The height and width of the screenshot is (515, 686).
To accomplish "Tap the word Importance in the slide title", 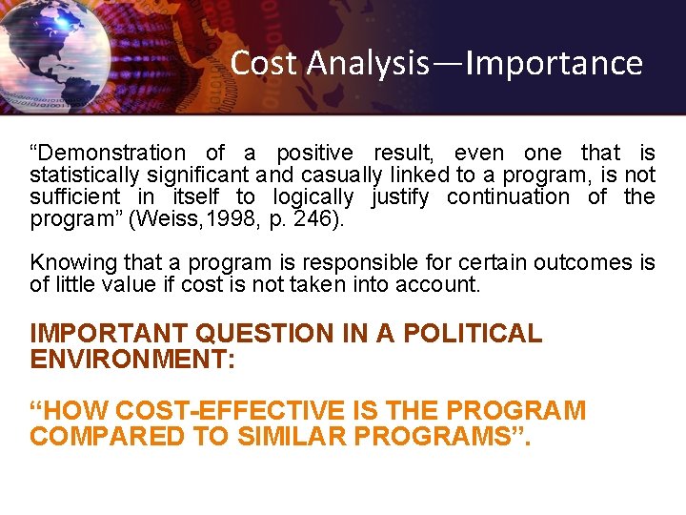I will click(x=554, y=63).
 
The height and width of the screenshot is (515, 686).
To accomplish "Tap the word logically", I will click(x=313, y=196).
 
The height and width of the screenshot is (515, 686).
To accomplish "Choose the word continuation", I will click(x=511, y=196).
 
